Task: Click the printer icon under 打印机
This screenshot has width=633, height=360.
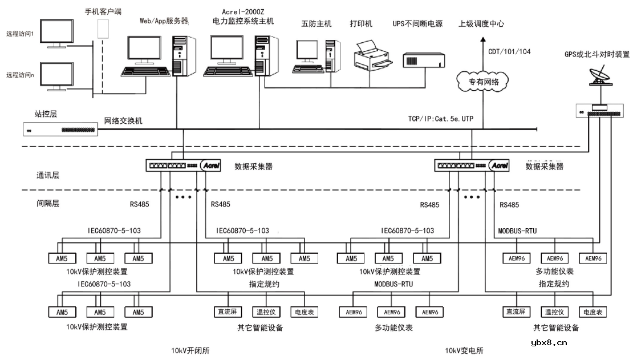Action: pos(372,54)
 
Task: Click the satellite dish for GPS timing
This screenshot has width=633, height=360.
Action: pos(601,74)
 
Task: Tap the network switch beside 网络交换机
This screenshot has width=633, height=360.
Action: pos(60,130)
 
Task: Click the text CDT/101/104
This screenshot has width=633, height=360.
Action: pos(509,51)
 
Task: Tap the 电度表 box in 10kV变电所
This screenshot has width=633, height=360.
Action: pos(593,312)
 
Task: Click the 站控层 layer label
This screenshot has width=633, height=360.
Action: pos(46,114)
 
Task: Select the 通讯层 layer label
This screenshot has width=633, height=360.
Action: pos(47,176)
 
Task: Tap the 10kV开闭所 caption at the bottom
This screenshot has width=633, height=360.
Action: pos(190,350)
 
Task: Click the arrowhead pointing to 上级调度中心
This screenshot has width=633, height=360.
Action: pos(482,39)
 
